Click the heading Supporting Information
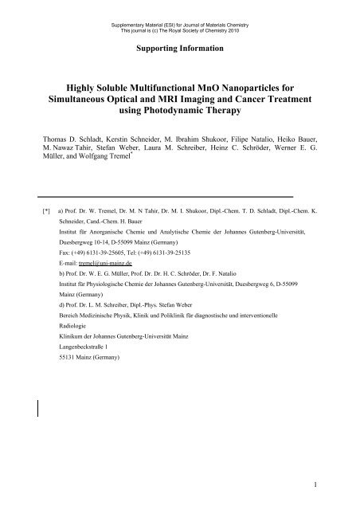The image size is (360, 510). [x=179, y=48]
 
